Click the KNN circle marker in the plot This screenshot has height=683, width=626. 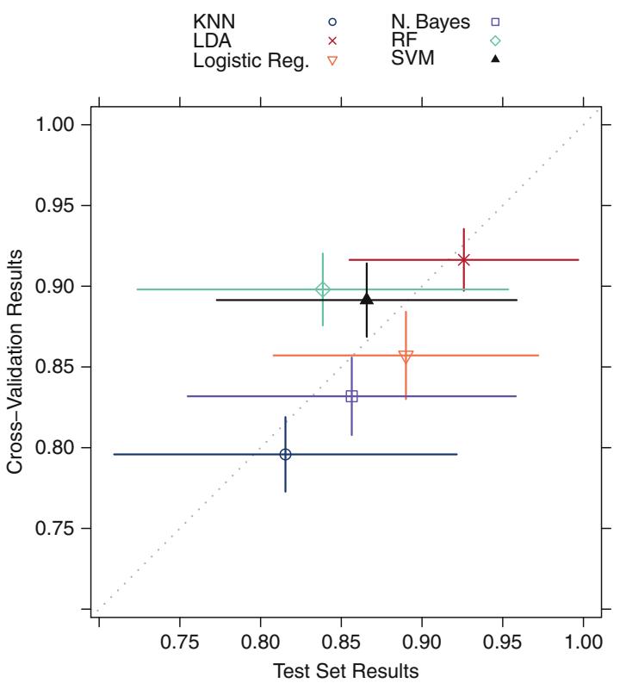point(286,454)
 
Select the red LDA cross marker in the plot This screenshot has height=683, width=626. point(464,259)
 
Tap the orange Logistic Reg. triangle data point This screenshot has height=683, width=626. point(406,356)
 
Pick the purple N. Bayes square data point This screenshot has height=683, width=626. point(351,396)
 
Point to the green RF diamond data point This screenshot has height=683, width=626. point(323,289)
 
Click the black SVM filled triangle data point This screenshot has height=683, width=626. point(367,298)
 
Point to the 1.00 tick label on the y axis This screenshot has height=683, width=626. point(59,125)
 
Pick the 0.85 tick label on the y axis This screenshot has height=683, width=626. point(59,367)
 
